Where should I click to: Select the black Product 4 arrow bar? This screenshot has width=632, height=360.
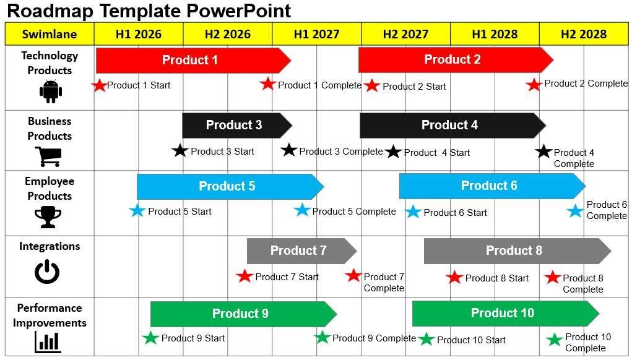point(450,126)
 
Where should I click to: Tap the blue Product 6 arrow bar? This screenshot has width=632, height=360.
point(489,186)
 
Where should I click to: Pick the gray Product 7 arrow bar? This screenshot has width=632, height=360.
point(299,251)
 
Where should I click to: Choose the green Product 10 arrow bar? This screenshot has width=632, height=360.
point(503,314)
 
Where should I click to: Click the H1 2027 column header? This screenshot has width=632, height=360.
point(316,34)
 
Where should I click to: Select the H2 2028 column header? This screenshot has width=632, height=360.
point(583,34)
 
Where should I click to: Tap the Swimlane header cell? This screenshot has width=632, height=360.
point(50,34)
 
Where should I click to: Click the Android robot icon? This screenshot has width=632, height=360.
point(50,91)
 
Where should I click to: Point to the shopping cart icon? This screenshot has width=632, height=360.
point(50,156)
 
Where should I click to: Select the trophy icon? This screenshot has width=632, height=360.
point(48,216)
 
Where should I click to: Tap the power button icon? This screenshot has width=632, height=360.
point(47,272)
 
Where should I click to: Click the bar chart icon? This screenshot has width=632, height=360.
point(48,341)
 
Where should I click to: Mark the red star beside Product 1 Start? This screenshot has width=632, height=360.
point(99,85)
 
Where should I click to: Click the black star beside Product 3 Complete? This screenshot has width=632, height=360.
point(289,150)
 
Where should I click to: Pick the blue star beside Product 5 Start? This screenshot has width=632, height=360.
point(137,210)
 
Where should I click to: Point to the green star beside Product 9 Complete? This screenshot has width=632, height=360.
point(322,337)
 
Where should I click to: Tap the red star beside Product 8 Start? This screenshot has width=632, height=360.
point(454,277)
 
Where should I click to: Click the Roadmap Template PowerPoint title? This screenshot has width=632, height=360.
point(149,11)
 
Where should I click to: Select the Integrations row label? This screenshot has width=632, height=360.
point(50,246)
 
